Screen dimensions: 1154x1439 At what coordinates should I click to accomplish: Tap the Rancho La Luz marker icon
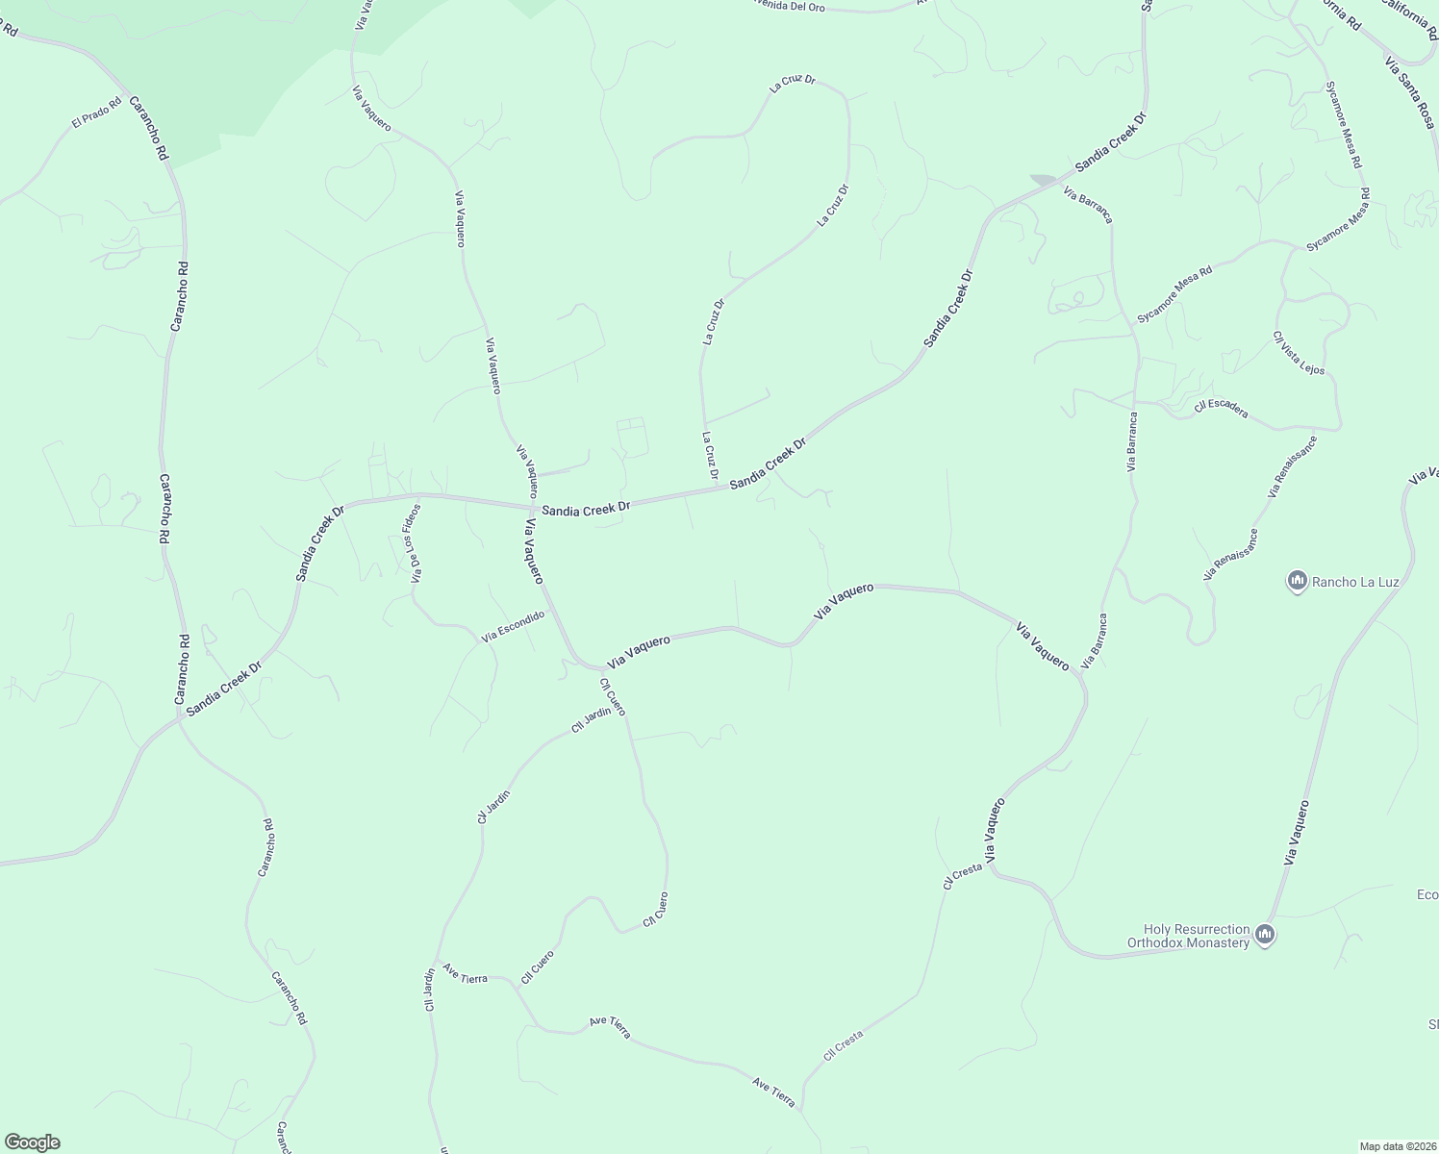[x=1297, y=581]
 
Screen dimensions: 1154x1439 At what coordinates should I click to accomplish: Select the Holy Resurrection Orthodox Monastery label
[x=1196, y=936]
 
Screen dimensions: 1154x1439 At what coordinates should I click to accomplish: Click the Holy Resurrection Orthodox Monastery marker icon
[x=1265, y=935]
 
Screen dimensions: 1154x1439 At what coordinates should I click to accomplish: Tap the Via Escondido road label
[x=513, y=626]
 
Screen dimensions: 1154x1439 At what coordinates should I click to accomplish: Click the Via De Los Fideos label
[x=415, y=543]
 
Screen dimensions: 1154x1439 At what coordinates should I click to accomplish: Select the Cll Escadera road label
[x=1221, y=409]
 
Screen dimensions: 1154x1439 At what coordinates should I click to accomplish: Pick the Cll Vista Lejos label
[x=1299, y=353]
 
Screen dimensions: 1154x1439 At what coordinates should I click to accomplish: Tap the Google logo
[x=31, y=1142]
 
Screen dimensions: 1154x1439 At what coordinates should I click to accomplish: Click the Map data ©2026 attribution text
[x=1396, y=1146]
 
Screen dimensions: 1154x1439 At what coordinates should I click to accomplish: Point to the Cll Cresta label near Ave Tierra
[x=844, y=1045]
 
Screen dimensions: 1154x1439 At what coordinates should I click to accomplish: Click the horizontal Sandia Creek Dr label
[x=585, y=510]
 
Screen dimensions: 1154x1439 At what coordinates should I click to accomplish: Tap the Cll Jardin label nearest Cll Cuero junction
[x=592, y=720]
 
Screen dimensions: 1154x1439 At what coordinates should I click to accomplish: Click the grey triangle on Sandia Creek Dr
[x=1043, y=180]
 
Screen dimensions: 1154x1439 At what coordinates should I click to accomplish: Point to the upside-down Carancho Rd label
[x=267, y=847]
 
